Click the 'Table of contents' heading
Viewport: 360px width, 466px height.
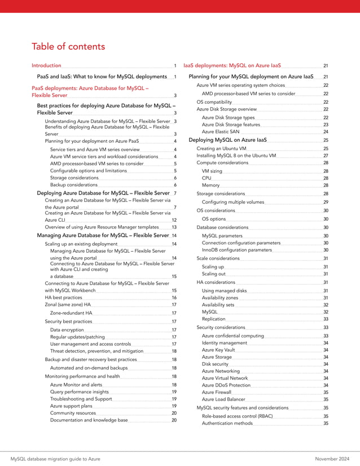pyautogui.click(x=68, y=46)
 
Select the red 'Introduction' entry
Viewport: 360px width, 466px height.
pyautogui.click(x=47, y=66)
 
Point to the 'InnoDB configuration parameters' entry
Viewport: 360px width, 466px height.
pyautogui.click(x=236, y=249)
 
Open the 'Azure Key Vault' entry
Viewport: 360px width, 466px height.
pyautogui.click(x=218, y=350)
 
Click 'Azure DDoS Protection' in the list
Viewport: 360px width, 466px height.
pyautogui.click(x=226, y=385)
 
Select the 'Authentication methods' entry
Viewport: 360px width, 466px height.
pyautogui.click(x=227, y=423)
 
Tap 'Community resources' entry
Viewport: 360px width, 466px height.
pyautogui.click(x=73, y=413)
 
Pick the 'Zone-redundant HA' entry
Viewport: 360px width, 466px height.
pyautogui.click(x=71, y=313)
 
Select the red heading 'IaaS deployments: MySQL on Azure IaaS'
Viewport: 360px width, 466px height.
pyautogui.click(x=232, y=66)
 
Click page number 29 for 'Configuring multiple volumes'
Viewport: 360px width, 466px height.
pyautogui.click(x=326, y=202)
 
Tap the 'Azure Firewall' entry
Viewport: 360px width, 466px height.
pyautogui.click(x=217, y=392)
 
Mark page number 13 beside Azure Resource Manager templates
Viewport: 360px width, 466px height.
pyautogui.click(x=174, y=226)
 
